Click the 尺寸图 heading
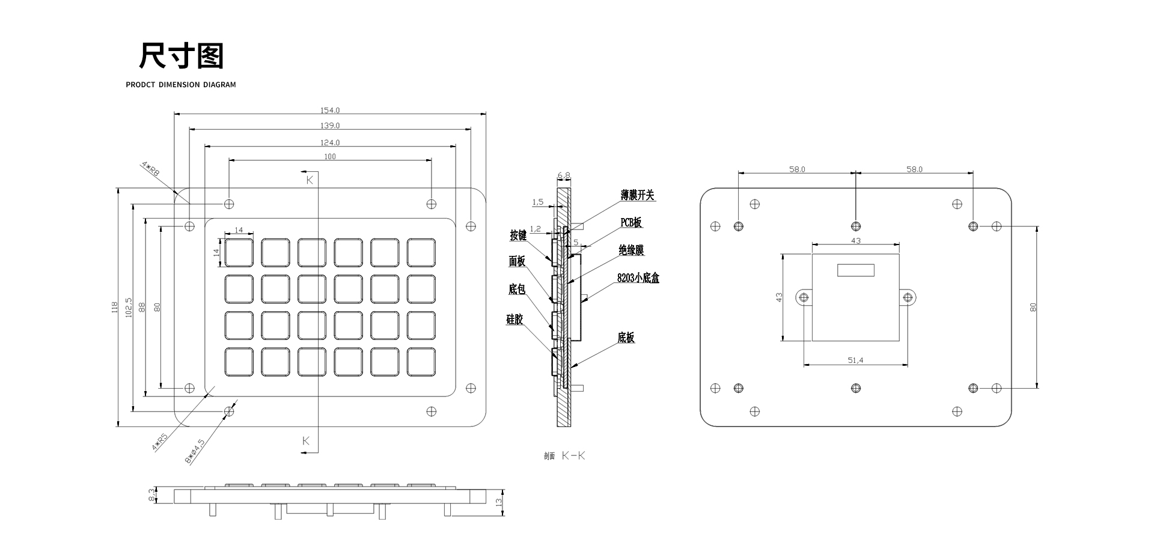pos(181,56)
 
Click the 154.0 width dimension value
pos(330,111)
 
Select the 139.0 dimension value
pos(330,126)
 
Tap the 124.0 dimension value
pos(330,142)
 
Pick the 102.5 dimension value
pos(128,307)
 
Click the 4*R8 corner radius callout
pos(150,168)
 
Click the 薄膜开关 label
pos(637,195)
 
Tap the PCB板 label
pos(631,222)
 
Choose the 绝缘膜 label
pos(631,250)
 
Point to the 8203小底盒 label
pos(638,278)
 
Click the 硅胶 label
pos(514,320)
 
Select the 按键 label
pos(518,235)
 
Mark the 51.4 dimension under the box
pos(855,360)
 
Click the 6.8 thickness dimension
pos(564,176)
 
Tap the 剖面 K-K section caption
pos(564,456)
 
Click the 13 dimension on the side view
pos(499,502)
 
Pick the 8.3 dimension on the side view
pos(151,496)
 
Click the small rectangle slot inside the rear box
pos(856,270)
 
